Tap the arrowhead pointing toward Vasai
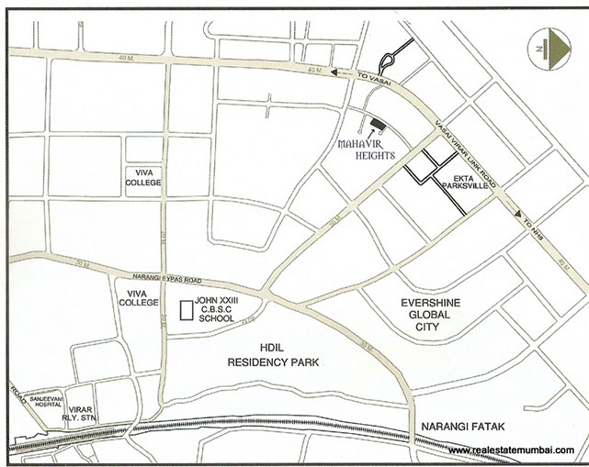337,73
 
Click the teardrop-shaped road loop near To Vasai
386,61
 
